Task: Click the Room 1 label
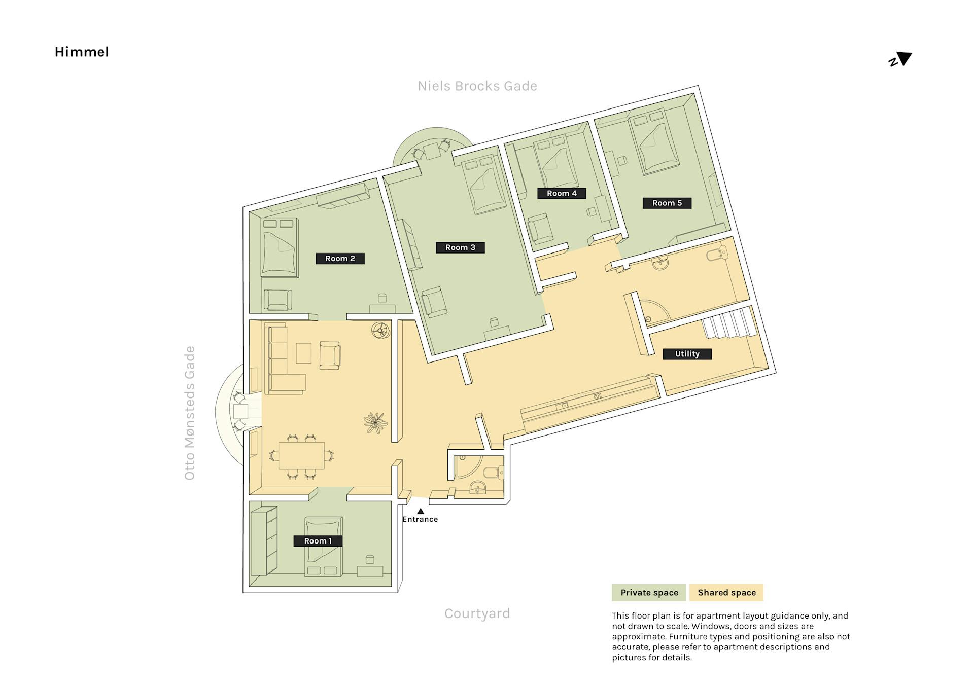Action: point(318,541)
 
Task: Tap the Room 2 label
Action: point(340,259)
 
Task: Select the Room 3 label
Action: point(460,247)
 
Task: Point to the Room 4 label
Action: point(562,193)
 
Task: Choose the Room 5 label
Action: point(667,203)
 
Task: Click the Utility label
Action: point(687,354)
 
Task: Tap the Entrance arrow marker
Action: point(420,511)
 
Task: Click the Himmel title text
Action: point(82,52)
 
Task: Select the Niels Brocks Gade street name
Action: point(477,86)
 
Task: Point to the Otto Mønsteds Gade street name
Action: point(189,413)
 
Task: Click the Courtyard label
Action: point(477,613)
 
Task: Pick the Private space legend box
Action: point(649,593)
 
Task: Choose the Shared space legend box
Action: point(726,593)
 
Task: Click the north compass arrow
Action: point(904,58)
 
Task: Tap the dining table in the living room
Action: point(301,456)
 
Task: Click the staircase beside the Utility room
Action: point(729,322)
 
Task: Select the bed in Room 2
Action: point(279,247)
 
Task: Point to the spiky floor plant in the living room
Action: point(375,423)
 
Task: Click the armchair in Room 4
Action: point(541,229)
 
